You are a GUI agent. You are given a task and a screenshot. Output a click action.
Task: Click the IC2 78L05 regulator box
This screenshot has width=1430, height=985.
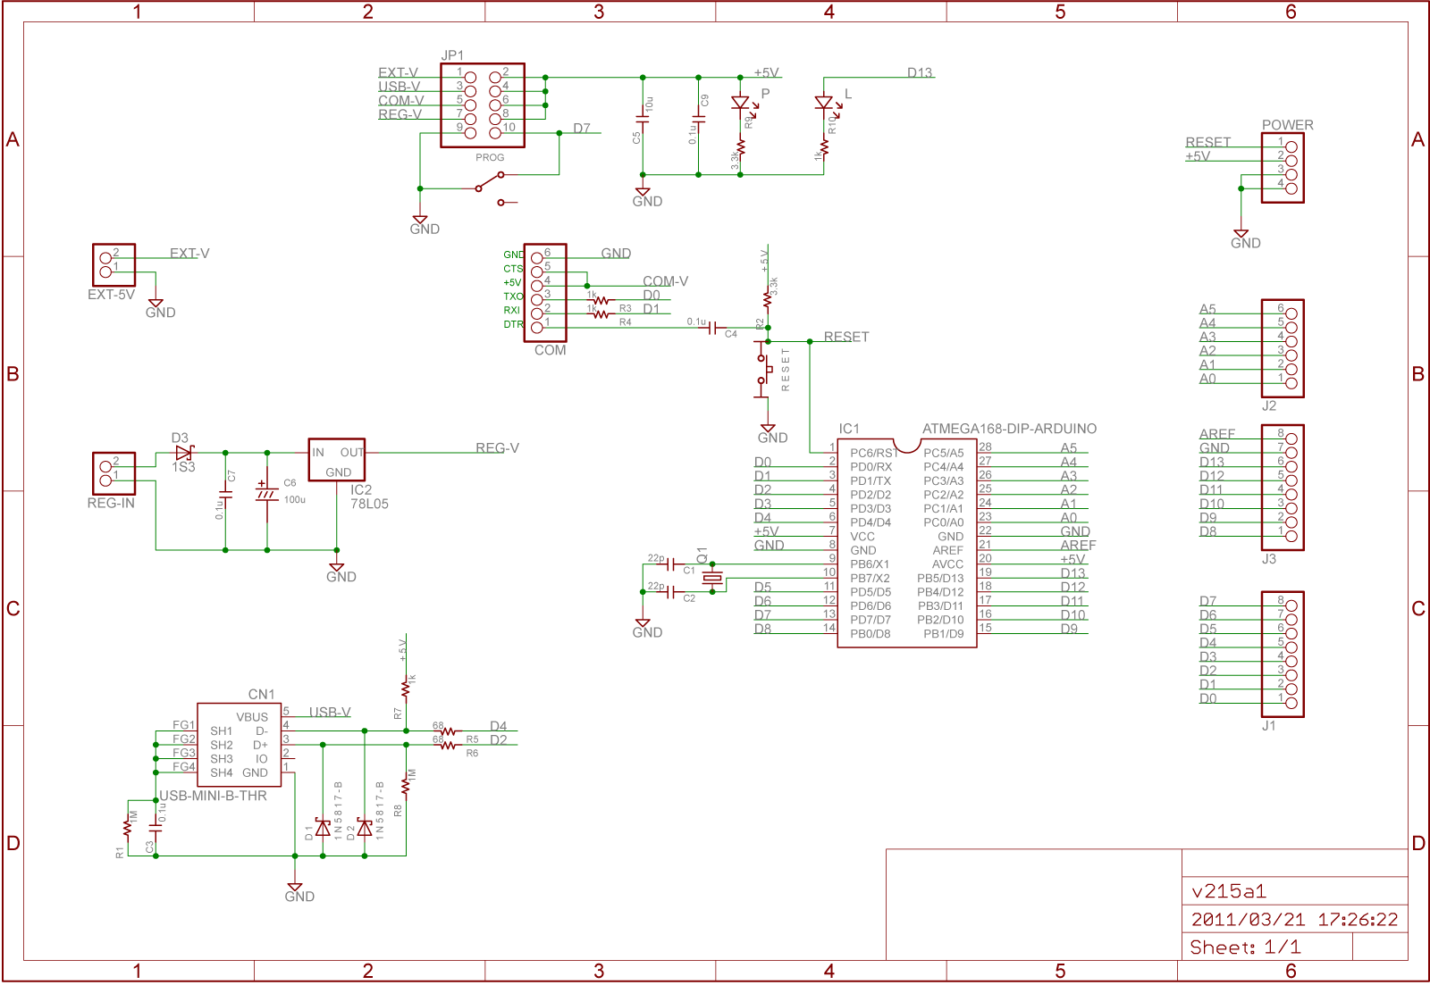(x=336, y=460)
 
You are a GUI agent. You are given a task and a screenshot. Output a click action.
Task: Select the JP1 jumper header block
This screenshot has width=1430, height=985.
(x=483, y=104)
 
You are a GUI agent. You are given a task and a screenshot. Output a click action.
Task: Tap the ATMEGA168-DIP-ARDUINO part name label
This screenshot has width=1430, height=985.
(x=1009, y=429)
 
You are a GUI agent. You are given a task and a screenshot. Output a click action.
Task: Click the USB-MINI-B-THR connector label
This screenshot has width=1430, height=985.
(x=213, y=796)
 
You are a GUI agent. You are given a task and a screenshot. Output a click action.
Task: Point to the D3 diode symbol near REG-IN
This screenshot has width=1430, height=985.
(x=184, y=453)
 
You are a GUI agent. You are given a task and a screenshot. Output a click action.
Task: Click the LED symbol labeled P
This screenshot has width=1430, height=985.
(x=740, y=104)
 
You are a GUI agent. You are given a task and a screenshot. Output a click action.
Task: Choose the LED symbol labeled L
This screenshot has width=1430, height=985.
(x=824, y=104)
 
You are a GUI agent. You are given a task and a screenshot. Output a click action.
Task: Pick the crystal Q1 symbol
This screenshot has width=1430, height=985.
(x=711, y=578)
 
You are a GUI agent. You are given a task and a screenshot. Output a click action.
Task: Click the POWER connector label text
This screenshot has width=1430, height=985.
(x=1287, y=125)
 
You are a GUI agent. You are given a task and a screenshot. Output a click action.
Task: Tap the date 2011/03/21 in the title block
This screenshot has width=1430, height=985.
(x=1248, y=920)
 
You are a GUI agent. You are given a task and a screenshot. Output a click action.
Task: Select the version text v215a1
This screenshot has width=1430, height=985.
(x=1229, y=891)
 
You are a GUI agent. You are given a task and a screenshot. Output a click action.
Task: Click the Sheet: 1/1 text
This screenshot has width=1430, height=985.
(x=1245, y=947)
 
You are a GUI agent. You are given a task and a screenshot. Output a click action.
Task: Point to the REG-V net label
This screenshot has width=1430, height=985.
(x=497, y=448)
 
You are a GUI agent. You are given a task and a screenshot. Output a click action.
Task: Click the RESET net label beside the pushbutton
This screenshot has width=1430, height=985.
(x=846, y=337)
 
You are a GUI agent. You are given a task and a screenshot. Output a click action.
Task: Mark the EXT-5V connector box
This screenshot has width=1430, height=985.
(x=114, y=265)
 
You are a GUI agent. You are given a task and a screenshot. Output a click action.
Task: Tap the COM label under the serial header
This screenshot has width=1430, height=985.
(x=550, y=350)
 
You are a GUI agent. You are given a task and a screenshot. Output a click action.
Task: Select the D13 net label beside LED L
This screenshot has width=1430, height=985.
(x=920, y=73)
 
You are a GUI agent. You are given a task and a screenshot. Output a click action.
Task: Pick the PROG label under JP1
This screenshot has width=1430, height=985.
(x=490, y=157)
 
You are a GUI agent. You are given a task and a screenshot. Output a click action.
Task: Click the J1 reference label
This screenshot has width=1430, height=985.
(x=1268, y=726)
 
